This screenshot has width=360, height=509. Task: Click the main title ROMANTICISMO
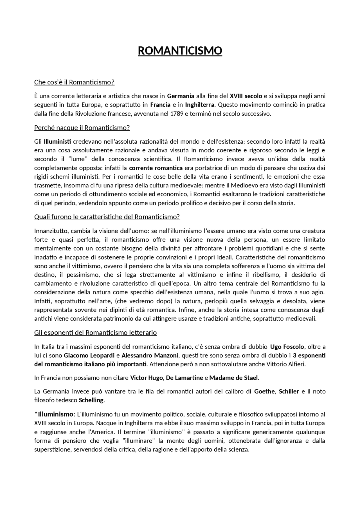tap(180, 51)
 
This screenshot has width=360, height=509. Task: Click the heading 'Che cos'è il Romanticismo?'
tap(74, 82)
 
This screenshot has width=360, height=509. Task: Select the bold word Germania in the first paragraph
tap(181, 96)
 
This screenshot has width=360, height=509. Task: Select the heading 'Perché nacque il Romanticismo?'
tap(82, 128)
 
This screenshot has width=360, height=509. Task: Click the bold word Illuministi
tap(57, 141)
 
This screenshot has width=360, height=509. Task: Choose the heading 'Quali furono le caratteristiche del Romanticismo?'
tap(107, 217)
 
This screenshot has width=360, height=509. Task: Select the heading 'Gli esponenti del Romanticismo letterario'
tap(95, 333)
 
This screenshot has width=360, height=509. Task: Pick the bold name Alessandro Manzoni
tap(150, 356)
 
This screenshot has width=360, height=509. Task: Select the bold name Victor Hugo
tap(146, 378)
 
